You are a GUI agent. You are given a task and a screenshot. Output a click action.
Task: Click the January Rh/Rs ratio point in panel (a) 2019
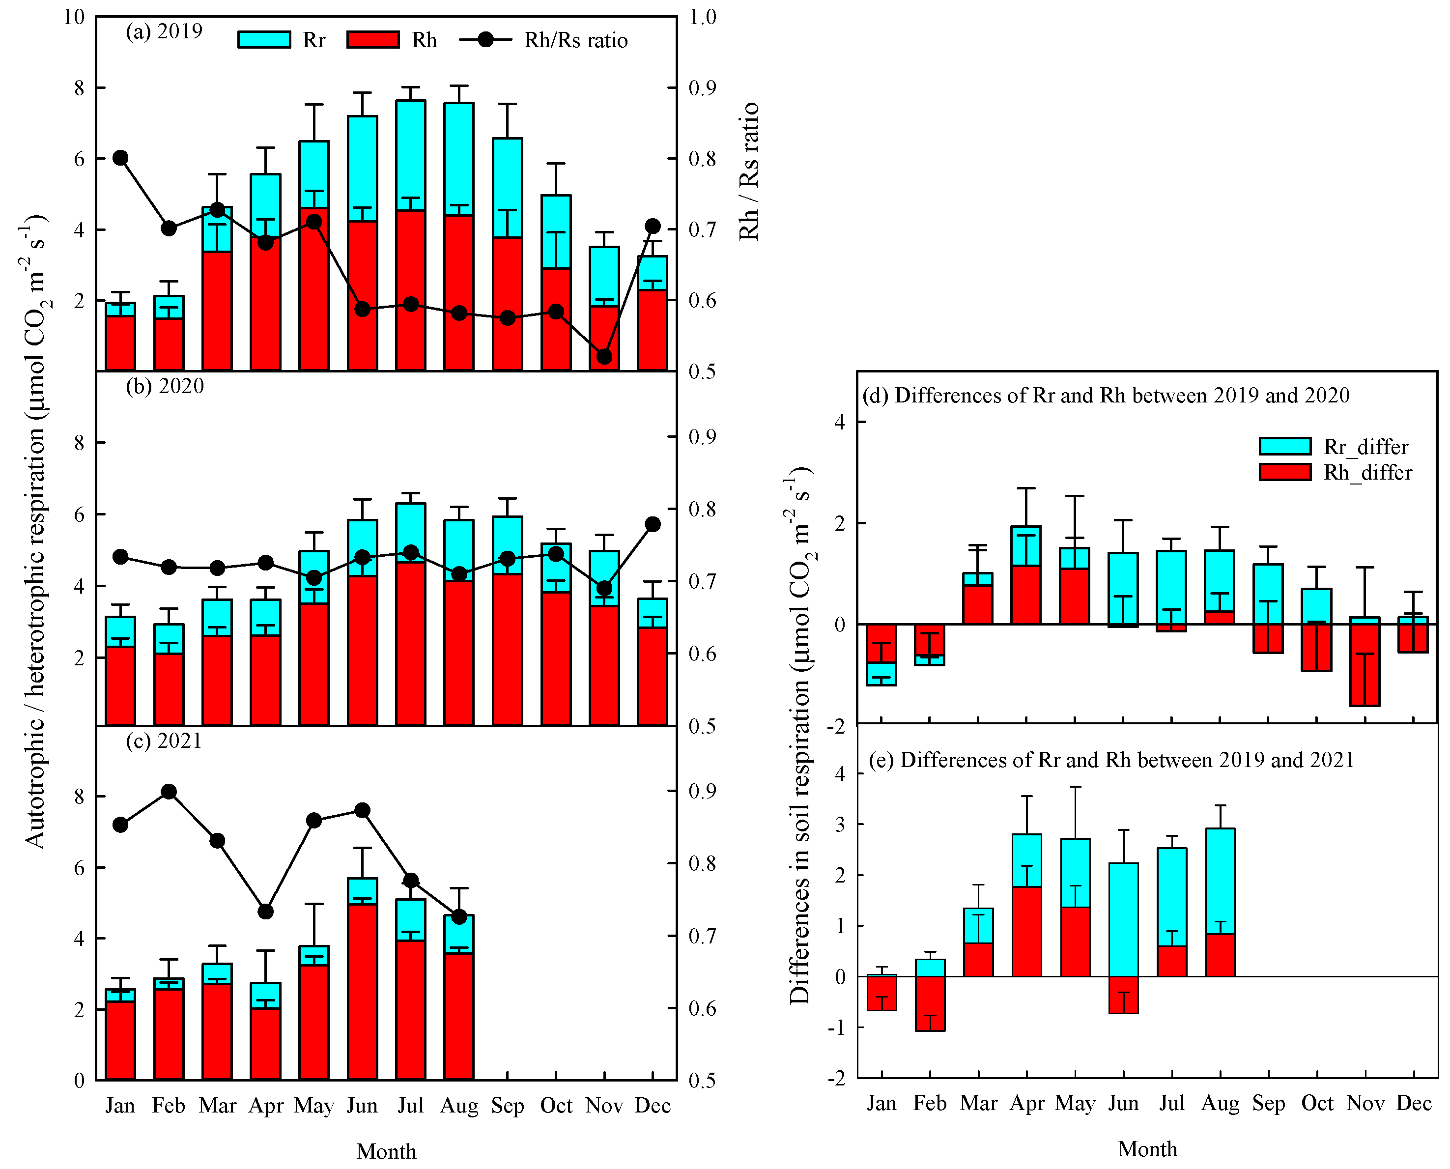(120, 158)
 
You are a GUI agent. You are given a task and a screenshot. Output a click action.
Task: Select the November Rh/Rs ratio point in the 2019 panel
(604, 356)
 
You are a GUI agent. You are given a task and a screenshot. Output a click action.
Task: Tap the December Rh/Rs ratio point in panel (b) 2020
(653, 524)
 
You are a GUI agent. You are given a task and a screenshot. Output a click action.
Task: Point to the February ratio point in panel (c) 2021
(169, 791)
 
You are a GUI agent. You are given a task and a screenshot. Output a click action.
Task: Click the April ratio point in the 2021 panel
(265, 911)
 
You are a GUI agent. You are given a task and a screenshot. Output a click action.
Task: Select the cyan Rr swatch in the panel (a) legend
(264, 40)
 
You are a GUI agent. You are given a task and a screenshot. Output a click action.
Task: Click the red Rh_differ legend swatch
(1284, 472)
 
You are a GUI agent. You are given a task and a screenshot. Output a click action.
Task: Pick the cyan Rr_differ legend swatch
(1284, 446)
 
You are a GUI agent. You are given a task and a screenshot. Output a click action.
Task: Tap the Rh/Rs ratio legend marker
(485, 40)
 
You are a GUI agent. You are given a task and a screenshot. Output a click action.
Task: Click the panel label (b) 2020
(165, 386)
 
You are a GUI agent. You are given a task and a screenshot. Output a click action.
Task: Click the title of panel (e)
(1111, 760)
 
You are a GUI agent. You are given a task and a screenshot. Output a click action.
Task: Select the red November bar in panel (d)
(1365, 665)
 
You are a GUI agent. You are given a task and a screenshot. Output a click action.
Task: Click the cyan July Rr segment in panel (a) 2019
(411, 155)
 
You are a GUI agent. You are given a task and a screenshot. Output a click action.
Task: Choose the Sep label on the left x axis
(508, 1106)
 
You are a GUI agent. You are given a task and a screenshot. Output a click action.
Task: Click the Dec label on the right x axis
(1413, 1104)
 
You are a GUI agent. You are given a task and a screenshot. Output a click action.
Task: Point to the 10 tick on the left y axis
(74, 17)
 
